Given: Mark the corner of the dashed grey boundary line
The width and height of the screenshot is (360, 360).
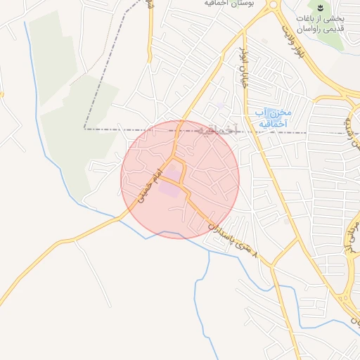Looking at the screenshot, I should [85, 129].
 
